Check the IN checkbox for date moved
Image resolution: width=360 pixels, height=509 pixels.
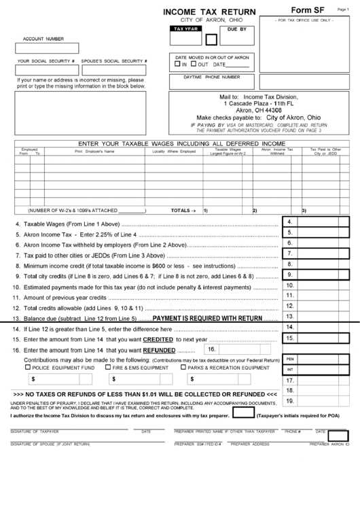click(x=178, y=65)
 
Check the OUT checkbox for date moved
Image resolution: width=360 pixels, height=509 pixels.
click(x=194, y=65)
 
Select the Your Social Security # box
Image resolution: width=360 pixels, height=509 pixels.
click(x=46, y=70)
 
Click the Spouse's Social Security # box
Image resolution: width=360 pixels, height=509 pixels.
click(x=114, y=70)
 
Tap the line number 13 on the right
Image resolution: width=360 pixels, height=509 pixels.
click(x=290, y=316)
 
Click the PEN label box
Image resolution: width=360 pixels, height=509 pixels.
click(x=290, y=358)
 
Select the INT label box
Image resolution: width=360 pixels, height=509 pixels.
click(x=290, y=370)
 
